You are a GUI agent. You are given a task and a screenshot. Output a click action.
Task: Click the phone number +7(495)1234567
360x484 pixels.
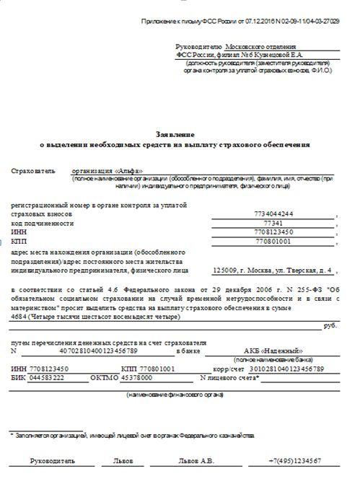pos(294,459)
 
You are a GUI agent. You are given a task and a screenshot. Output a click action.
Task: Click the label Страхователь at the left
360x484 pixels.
pos(32,171)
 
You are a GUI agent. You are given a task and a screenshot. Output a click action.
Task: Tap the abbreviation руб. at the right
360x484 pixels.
pos(330,326)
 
